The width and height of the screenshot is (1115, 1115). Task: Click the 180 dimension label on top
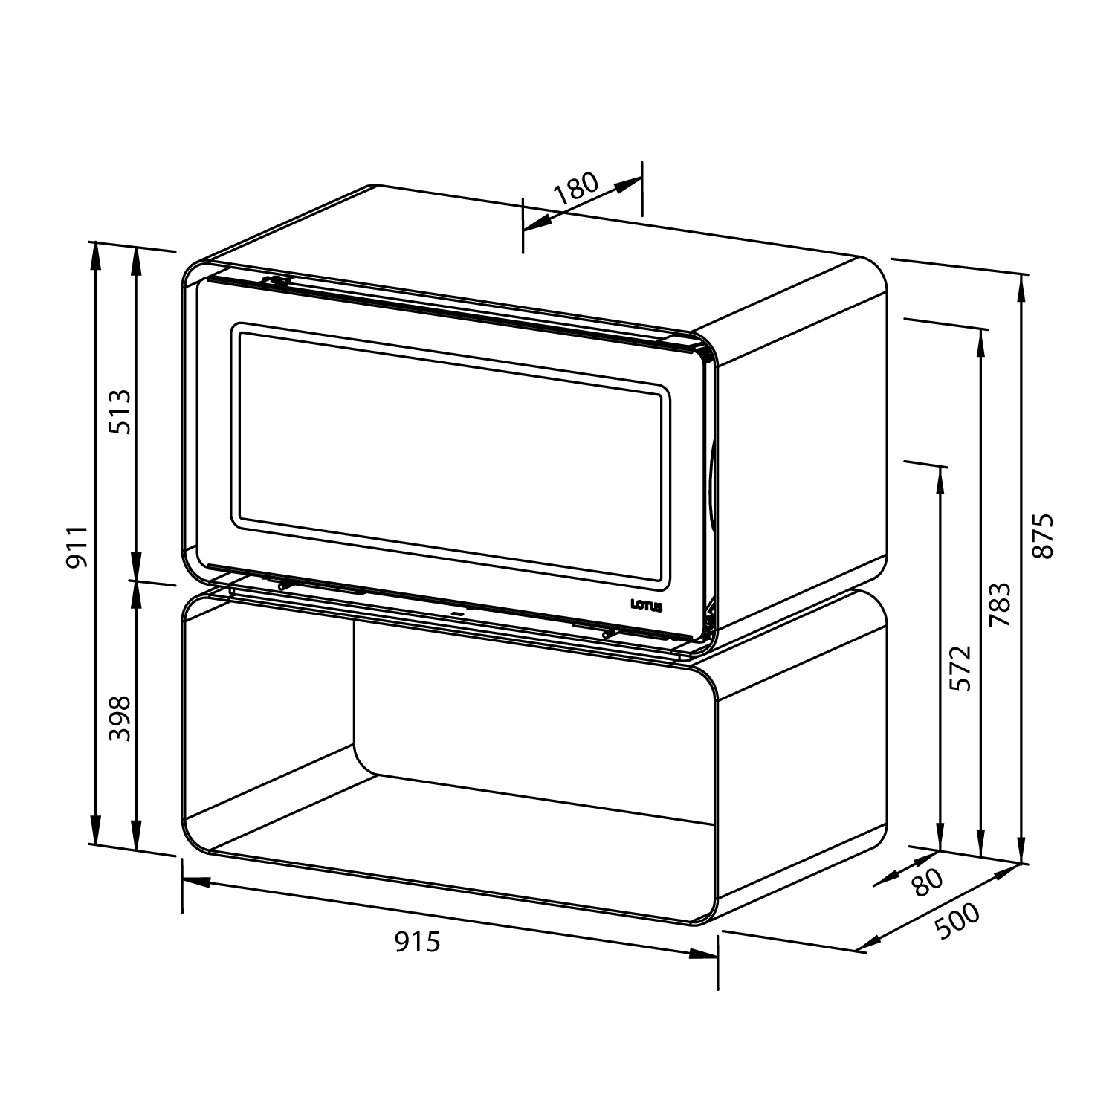click(577, 189)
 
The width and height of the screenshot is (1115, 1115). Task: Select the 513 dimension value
click(119, 412)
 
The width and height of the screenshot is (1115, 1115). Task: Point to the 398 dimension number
click(119, 718)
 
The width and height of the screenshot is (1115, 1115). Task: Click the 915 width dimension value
click(417, 942)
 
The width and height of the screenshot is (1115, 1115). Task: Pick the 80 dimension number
click(926, 884)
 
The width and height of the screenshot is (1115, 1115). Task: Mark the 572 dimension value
click(961, 669)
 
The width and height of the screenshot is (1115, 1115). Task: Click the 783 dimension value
click(1001, 604)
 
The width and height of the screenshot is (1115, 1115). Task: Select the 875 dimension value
click(1043, 535)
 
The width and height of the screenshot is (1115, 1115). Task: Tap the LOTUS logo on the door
click(645, 606)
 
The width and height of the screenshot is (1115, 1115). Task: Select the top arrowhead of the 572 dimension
click(940, 479)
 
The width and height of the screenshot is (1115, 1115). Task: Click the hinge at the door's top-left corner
click(277, 282)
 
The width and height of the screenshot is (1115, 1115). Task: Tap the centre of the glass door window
click(450, 453)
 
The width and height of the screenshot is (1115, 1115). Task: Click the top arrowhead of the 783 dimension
click(982, 343)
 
